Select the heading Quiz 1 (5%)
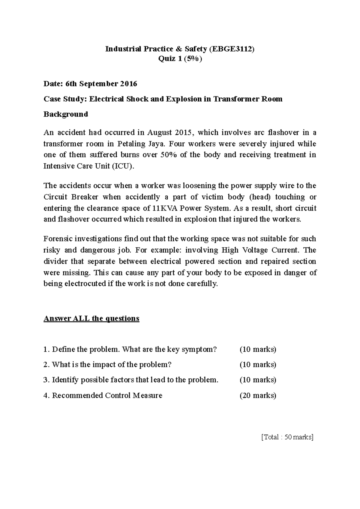pos(180,59)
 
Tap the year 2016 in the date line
pos(128,84)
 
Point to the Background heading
pos(66,114)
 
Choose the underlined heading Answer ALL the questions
pos(91,318)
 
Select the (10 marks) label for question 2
pos(258,365)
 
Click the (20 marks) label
pos(258,395)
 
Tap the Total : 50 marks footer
pos(287,437)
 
